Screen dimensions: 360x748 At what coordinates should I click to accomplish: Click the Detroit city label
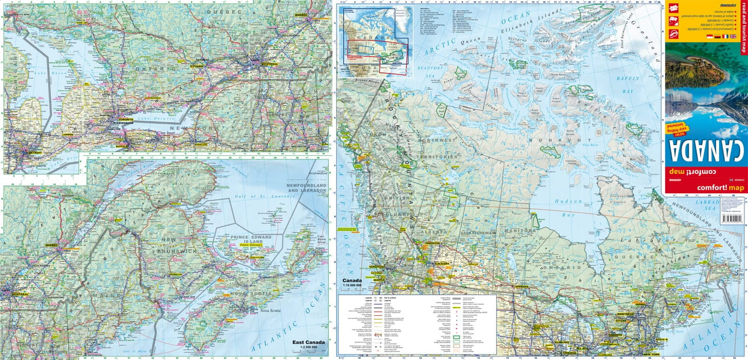34,153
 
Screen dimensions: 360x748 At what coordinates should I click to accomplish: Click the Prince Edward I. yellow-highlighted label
252,245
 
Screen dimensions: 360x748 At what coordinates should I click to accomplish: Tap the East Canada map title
308,343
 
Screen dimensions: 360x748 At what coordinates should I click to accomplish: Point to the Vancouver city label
377,267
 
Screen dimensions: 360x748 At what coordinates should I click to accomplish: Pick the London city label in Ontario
68,134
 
